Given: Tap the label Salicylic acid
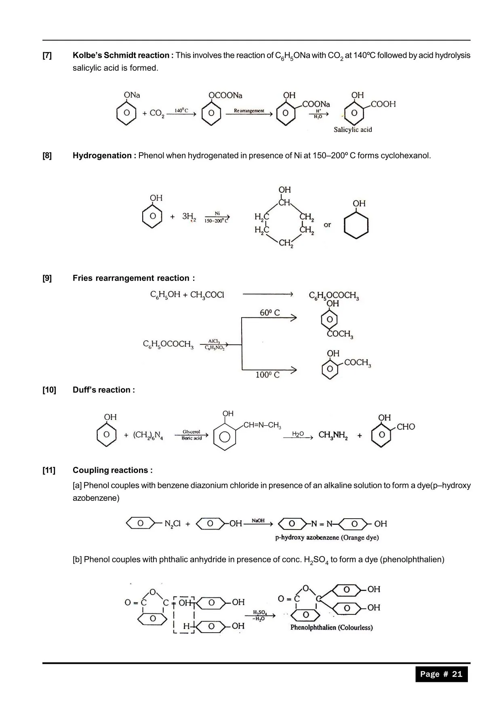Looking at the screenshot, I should point(353,130).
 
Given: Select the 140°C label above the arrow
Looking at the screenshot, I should point(181,110).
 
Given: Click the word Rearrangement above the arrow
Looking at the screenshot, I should point(249,110).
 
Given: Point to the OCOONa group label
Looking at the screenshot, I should point(225,95).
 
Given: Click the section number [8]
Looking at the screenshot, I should point(47,156).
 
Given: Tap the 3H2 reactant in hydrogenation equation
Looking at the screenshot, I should point(189,217).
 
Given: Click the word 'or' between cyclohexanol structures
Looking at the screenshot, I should point(327,225).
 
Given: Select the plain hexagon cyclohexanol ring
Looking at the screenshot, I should point(356,225).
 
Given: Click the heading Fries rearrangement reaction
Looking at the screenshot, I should point(134,278).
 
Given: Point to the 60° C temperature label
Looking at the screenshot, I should point(270,313).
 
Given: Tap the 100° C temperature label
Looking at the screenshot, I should point(267,375).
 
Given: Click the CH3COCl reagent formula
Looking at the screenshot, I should point(207,295).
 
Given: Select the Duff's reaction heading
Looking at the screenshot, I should point(103,390).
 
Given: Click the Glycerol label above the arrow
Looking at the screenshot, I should point(192,432).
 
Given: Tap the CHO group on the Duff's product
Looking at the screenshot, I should point(406,427).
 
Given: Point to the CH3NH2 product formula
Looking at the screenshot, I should point(333,435).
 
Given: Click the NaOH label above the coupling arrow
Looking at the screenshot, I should point(258,521).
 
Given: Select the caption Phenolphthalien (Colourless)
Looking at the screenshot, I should point(331,628).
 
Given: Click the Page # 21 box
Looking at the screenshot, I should point(441,674).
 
